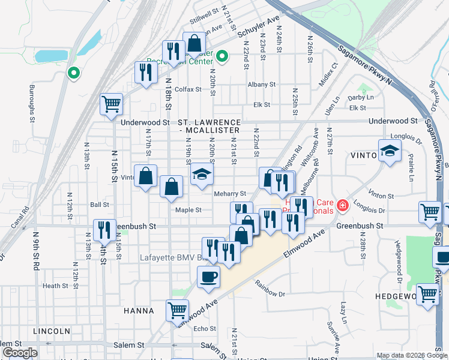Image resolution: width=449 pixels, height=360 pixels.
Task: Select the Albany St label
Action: tap(261, 85)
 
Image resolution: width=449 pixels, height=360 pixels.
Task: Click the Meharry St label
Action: tap(231, 194)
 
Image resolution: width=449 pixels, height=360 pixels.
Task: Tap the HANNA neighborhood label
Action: tap(139, 311)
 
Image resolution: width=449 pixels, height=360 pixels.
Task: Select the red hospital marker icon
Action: tap(343, 206)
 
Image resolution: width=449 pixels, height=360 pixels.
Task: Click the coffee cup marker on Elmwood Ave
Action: tap(208, 277)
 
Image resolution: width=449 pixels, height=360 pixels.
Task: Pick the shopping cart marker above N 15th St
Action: tap(112, 104)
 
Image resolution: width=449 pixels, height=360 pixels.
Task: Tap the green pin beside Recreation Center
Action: tap(222, 57)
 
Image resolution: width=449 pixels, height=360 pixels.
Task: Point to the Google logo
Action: tap(20, 353)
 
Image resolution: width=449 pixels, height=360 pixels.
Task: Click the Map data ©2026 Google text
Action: tap(412, 355)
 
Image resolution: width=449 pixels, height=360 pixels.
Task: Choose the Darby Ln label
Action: tap(360, 97)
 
